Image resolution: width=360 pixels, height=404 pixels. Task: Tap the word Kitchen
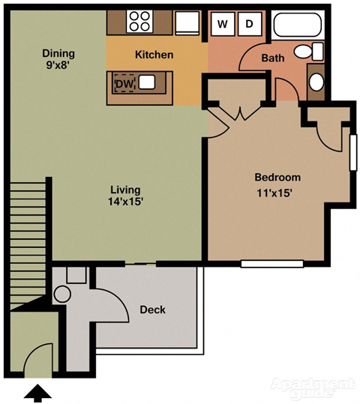(154, 55)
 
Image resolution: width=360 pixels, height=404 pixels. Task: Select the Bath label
(271, 58)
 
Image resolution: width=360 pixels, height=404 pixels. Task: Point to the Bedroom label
(277, 178)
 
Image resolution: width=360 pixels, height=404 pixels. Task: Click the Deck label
(152, 310)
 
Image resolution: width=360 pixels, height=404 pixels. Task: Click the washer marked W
(222, 23)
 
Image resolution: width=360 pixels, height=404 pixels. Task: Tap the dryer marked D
(249, 23)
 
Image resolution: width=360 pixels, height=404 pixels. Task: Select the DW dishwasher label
(123, 84)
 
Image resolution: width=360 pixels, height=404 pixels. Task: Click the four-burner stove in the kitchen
(139, 21)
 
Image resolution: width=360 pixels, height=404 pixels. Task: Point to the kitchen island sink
(147, 82)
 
